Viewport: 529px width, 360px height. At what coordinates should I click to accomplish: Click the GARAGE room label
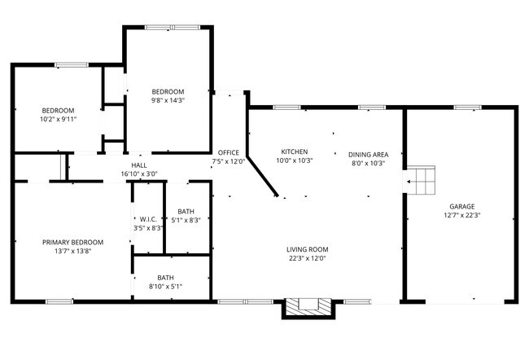click(x=461, y=206)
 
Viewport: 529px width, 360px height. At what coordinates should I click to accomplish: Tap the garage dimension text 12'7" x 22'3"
click(x=461, y=216)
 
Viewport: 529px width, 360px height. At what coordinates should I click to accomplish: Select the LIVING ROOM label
click(x=307, y=249)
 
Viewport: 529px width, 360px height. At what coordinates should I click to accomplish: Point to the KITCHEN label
click(x=294, y=151)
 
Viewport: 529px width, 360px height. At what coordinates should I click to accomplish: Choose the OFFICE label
click(x=228, y=152)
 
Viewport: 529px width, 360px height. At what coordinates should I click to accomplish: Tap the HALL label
click(x=138, y=165)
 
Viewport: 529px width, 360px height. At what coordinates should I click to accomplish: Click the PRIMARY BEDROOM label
click(x=73, y=242)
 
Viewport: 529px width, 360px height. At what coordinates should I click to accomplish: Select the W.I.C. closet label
click(x=148, y=219)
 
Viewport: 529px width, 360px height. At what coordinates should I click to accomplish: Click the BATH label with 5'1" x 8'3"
click(x=186, y=211)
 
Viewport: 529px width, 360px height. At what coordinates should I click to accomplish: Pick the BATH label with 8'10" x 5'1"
click(x=166, y=277)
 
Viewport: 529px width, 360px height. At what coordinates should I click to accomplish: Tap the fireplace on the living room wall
click(x=308, y=307)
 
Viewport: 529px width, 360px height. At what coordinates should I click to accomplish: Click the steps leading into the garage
click(x=422, y=182)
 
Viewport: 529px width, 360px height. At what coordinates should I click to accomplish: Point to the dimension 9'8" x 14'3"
click(x=168, y=100)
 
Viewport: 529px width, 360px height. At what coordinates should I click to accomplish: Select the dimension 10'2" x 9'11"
click(x=58, y=119)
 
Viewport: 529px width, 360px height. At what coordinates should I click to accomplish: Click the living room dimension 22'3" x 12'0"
click(x=307, y=258)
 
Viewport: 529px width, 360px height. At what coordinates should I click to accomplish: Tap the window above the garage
click(x=466, y=107)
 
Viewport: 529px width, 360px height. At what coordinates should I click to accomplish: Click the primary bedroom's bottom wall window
click(x=59, y=301)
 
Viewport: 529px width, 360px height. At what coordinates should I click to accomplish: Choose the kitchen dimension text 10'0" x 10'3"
click(x=295, y=160)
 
